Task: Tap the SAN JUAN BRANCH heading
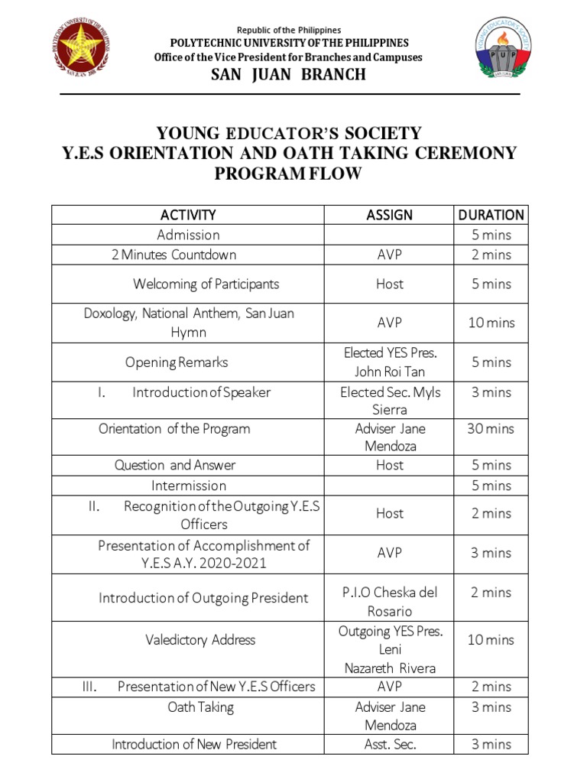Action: pyautogui.click(x=288, y=74)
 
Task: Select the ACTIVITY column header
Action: pyautogui.click(x=188, y=215)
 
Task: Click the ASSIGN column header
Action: pyautogui.click(x=389, y=215)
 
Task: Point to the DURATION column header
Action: pyautogui.click(x=491, y=215)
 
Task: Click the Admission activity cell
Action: pyautogui.click(x=188, y=235)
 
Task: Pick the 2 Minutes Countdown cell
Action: pyautogui.click(x=174, y=255)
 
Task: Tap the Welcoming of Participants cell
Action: pyautogui.click(x=206, y=284)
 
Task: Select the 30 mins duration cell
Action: pyautogui.click(x=491, y=428)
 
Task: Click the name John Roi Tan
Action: pyautogui.click(x=389, y=372)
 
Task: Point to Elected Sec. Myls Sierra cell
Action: pyautogui.click(x=389, y=401)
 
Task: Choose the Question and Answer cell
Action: pyautogui.click(x=175, y=465)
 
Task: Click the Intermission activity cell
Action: pyautogui.click(x=188, y=486)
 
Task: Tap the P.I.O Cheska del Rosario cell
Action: pyautogui.click(x=389, y=601)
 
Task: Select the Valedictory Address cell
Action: pyautogui.click(x=200, y=639)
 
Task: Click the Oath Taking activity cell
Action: pyautogui.click(x=200, y=707)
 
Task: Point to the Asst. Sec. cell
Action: pyautogui.click(x=389, y=744)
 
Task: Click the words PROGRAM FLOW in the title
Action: pyautogui.click(x=287, y=174)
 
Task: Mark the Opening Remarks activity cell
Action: pyautogui.click(x=177, y=362)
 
